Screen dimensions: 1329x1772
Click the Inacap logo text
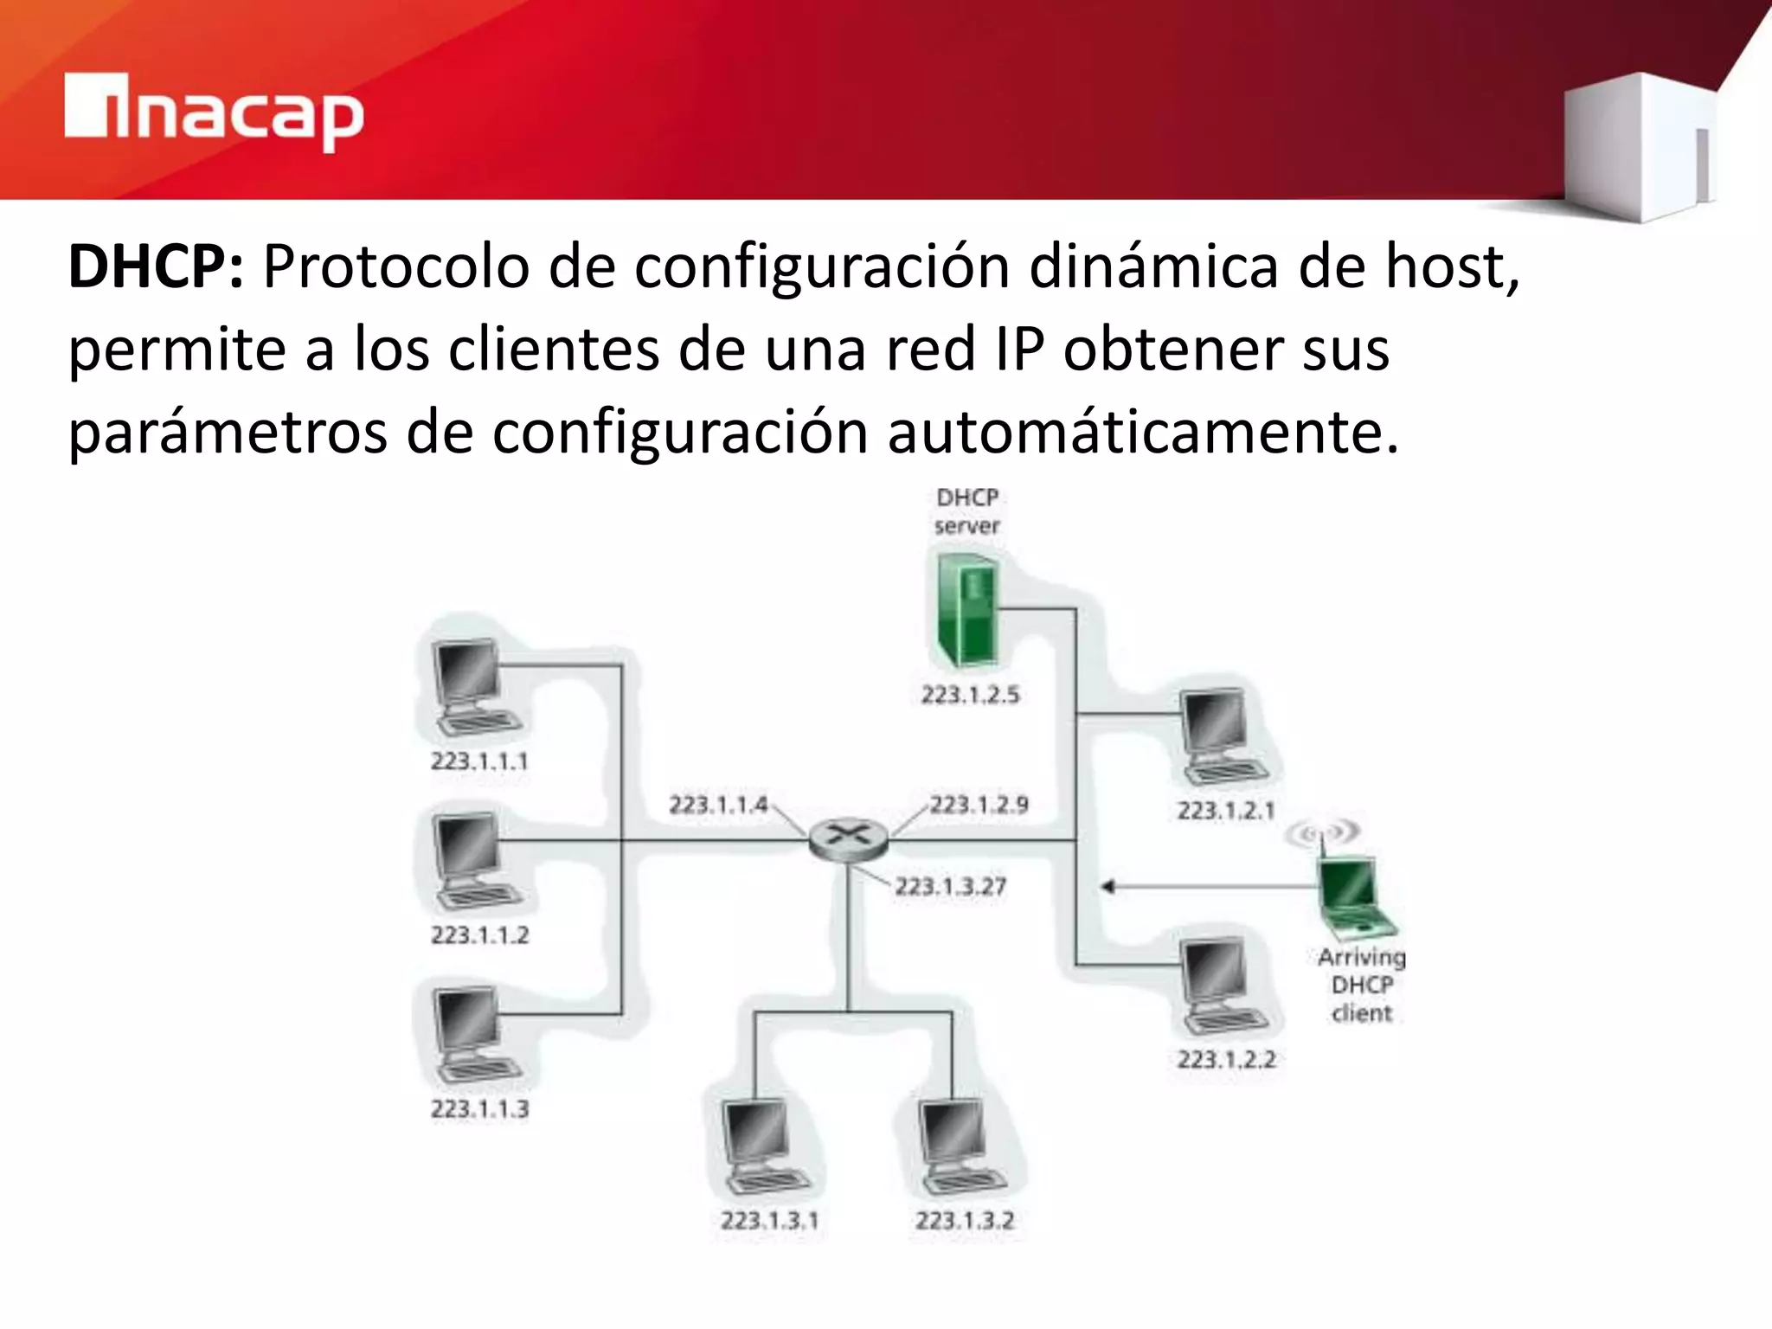215,113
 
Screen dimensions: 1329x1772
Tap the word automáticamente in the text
1142,432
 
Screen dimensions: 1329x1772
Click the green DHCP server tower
967,610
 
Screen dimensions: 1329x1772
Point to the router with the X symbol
848,838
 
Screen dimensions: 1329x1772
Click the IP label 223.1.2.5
970,695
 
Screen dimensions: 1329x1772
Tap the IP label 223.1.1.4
718,805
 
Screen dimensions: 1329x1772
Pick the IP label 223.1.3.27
950,887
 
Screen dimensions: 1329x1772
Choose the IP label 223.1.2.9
979,805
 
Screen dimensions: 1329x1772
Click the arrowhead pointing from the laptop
1107,886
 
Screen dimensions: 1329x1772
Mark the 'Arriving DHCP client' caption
1361,985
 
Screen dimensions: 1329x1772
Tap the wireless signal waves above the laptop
1321,833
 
